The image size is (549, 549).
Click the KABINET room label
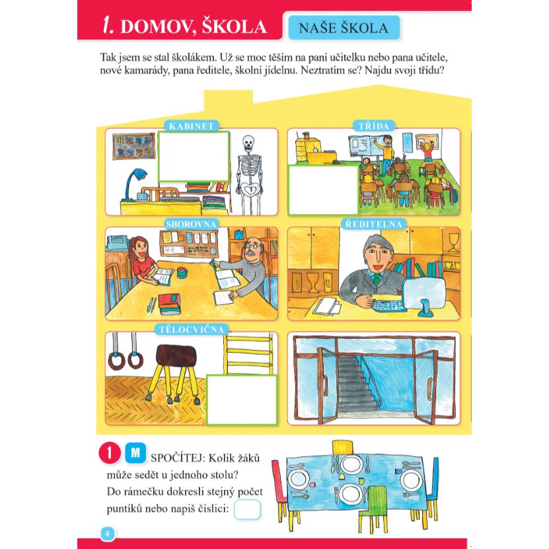191,126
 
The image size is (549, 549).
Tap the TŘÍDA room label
373,126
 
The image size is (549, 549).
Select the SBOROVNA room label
191,224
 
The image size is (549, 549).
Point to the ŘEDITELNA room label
373,224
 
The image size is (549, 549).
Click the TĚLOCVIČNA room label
191,330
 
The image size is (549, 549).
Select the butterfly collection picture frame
133,146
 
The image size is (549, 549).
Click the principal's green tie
377,279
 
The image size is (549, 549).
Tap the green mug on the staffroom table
182,272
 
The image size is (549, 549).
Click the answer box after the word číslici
247,509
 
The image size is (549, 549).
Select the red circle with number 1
110,453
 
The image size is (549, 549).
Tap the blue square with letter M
135,453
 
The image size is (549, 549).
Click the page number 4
108,534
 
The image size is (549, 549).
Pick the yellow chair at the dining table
343,448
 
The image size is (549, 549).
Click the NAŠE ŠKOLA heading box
344,28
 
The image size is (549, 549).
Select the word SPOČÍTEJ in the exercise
179,458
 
